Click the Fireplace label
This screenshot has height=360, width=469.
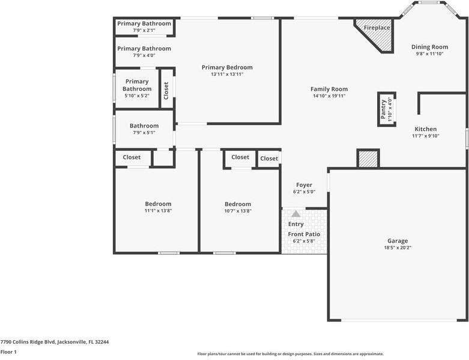[x=377, y=28]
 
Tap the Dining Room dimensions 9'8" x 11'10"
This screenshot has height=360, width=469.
[x=429, y=53]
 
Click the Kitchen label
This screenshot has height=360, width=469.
[x=426, y=129]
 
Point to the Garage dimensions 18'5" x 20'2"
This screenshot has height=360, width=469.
[x=398, y=247]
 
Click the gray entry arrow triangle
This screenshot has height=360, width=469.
[x=295, y=213]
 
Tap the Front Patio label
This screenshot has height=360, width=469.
[x=304, y=234]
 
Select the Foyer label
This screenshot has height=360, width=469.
[x=304, y=185]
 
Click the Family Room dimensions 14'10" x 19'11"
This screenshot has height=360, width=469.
[x=329, y=96]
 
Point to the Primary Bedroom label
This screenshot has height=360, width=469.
[x=227, y=67]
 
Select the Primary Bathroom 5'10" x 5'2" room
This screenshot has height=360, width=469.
[x=137, y=88]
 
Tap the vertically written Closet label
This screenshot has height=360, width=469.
[x=166, y=89]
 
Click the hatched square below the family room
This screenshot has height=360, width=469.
[x=368, y=159]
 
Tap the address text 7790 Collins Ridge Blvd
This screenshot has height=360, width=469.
[x=54, y=342]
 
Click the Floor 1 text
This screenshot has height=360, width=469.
[x=8, y=352]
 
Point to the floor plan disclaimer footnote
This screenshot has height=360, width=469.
[x=291, y=354]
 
